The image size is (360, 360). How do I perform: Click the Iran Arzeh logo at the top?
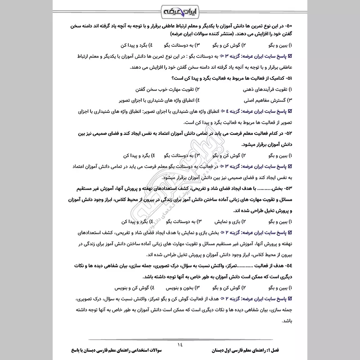click(180, 10)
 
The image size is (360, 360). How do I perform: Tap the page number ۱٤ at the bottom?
click(180, 345)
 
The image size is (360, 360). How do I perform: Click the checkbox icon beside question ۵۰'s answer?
click(290, 57)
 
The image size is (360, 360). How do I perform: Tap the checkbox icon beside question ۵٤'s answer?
click(290, 298)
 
